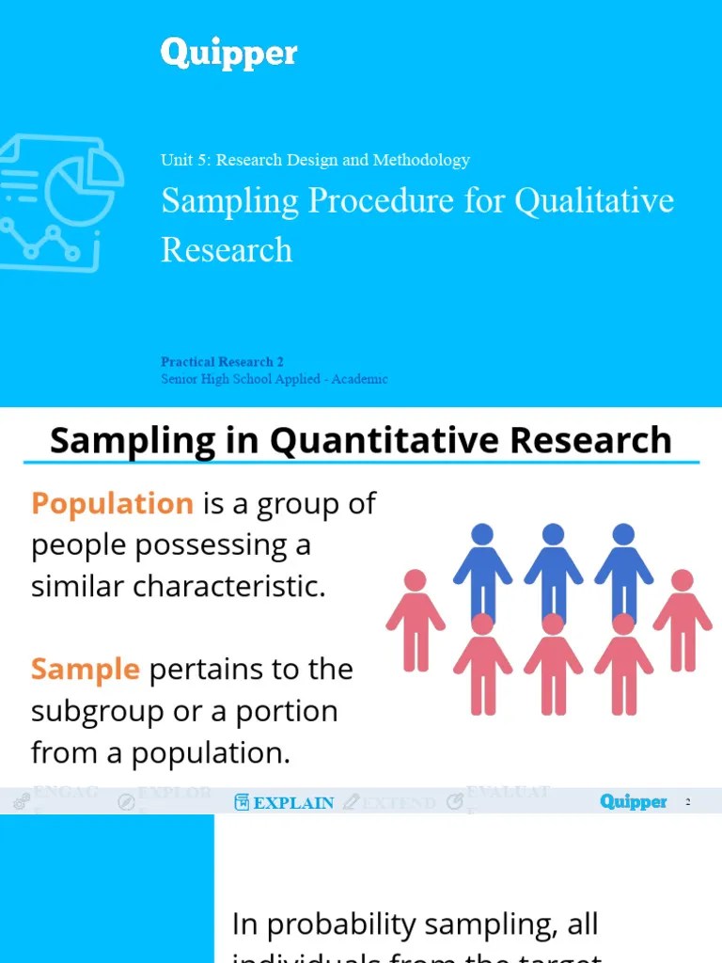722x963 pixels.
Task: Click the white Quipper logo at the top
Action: (228, 54)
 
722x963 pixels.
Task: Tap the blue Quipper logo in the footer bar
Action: (633, 802)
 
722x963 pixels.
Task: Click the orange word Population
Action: (112, 503)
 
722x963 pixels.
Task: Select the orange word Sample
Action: (85, 670)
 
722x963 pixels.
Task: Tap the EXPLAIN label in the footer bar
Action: (293, 803)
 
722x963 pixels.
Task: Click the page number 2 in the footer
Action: (688, 802)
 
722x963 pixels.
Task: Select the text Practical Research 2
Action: (222, 362)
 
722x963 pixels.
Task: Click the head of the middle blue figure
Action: (553, 534)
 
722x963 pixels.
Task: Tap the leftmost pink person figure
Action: (415, 621)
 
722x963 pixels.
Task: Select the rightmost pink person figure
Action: (683, 621)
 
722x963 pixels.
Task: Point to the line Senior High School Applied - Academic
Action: (274, 379)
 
